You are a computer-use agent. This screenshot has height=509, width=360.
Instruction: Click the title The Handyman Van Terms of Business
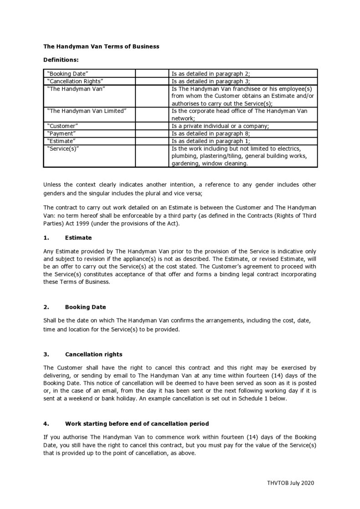click(101, 46)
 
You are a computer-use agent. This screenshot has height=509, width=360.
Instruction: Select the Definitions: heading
click(61, 60)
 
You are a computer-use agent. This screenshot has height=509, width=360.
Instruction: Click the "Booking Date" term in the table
click(68, 73)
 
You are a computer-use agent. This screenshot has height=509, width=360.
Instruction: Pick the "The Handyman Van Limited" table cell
click(87, 111)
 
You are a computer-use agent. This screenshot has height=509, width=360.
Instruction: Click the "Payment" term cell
click(62, 134)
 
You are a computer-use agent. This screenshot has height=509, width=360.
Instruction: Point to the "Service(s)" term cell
click(64, 149)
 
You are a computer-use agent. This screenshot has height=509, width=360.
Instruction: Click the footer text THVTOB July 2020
click(290, 483)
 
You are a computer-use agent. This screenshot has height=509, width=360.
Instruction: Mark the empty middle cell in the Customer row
click(152, 126)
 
